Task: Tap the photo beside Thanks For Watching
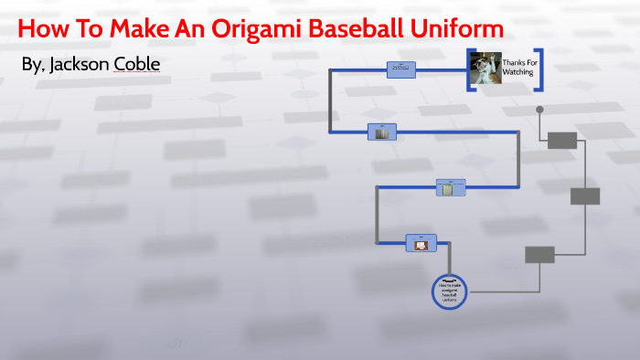pos(485,69)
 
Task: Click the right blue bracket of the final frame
pos(541,69)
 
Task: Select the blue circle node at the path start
pos(448,291)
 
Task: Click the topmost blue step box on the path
pos(401,69)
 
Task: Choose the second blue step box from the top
pos(382,132)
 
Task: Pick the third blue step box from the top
pos(450,187)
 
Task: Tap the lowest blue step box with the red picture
pos(421,242)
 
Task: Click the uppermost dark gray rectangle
pos(562,140)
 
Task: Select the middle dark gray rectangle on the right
pos(585,196)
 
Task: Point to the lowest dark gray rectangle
pos(539,254)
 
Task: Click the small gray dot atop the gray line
pos(539,110)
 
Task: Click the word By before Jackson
pos(32,67)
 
